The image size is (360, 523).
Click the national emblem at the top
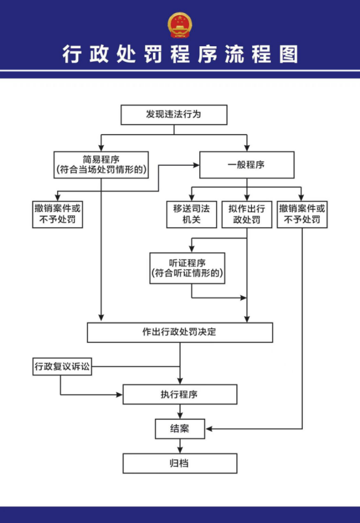point(180,25)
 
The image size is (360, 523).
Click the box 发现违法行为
point(174,114)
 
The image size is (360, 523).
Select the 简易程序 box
point(101,165)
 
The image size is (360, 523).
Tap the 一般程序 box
point(247,165)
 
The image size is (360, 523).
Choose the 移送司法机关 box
point(191,215)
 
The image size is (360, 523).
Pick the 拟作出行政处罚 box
point(247,215)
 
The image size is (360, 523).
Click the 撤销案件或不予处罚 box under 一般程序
point(302,215)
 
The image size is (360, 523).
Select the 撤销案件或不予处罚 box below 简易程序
point(57,215)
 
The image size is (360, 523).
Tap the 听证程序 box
point(187,268)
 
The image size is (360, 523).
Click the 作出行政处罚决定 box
point(180,332)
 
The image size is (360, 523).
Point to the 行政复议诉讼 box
point(62,367)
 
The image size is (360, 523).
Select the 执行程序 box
point(180,394)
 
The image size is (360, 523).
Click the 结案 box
point(180,429)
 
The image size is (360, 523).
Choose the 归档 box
point(180,463)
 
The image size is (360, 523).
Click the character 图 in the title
point(288,54)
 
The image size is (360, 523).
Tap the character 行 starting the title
point(72,54)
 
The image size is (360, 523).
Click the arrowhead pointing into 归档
point(180,449)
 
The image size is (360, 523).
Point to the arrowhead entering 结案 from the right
point(210,429)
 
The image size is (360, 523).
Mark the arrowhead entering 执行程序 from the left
point(119,395)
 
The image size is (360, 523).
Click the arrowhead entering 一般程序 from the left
point(196,165)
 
